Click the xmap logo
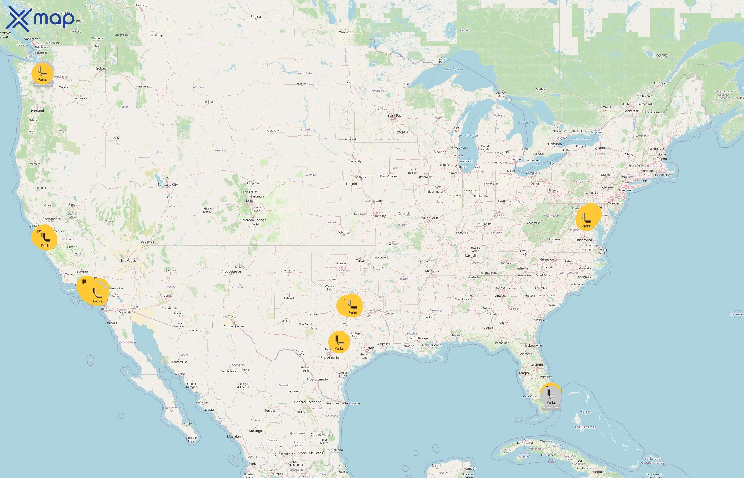click(40, 19)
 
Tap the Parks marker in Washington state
click(42, 74)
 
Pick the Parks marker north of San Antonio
click(339, 342)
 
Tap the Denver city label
click(251, 201)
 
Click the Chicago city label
click(461, 167)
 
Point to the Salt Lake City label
click(168, 185)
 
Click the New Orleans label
click(431, 345)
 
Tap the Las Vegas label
click(128, 261)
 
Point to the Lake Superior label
click(454, 70)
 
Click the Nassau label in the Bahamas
click(585, 412)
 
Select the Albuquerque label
click(231, 272)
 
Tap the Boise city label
click(116, 138)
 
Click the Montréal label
click(631, 111)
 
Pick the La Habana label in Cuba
click(525, 443)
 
